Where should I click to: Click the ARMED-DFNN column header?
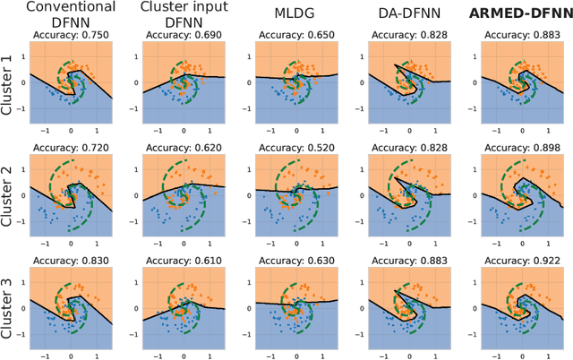518,15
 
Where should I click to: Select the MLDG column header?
295,15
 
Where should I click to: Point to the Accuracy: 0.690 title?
184,33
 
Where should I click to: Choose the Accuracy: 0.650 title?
295,33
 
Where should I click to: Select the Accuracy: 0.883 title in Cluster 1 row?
518,33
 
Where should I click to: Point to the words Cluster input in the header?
184,7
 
